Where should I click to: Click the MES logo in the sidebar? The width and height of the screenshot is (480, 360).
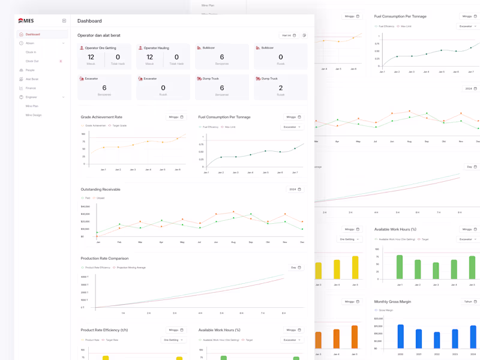pos(26,20)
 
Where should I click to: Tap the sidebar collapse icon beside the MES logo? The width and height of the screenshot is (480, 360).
pos(64,21)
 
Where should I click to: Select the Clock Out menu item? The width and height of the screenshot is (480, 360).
pos(32,61)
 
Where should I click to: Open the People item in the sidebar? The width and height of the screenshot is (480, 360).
pos(30,70)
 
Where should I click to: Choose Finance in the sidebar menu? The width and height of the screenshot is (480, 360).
pos(31,88)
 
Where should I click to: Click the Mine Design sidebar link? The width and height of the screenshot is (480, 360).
pos(34,115)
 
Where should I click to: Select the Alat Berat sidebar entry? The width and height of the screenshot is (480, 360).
pos(32,79)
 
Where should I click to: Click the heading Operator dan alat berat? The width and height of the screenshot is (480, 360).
pos(98,35)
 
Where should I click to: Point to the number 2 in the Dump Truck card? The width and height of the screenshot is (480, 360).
pos(281,88)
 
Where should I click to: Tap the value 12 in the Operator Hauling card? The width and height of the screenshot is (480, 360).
pos(149,57)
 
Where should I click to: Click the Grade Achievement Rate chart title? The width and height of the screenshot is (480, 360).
pos(101,117)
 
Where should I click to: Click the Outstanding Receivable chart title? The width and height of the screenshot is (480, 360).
pos(100,190)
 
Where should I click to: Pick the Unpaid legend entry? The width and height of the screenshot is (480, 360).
pos(100,198)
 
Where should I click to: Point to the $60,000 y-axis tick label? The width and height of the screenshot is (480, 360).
pos(85,206)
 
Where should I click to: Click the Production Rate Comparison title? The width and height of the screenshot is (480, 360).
pos(104,259)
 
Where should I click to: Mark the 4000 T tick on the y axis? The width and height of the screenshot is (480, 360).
pos(84,277)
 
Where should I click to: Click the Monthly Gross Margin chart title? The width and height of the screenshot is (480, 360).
pos(392,302)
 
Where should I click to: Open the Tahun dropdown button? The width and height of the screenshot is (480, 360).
pos(470,302)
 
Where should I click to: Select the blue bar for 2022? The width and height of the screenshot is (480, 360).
pos(437,340)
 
